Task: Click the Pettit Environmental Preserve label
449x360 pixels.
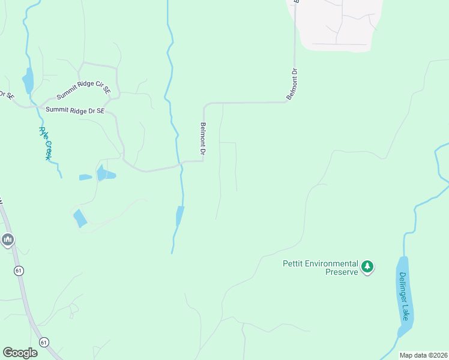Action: pyautogui.click(x=320, y=268)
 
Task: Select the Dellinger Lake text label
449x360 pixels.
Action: pyautogui.click(x=405, y=295)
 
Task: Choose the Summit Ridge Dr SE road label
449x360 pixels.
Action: pyautogui.click(x=75, y=110)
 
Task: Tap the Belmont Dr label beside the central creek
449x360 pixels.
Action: pyautogui.click(x=203, y=140)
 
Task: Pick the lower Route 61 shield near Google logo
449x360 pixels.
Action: pyautogui.click(x=44, y=341)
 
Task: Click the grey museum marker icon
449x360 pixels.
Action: pyautogui.click(x=7, y=241)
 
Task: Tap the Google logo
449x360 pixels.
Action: pyautogui.click(x=20, y=353)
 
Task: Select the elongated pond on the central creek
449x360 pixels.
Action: pyautogui.click(x=179, y=215)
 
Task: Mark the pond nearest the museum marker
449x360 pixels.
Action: pyautogui.click(x=80, y=218)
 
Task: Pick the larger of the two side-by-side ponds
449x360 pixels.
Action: pyautogui.click(x=105, y=174)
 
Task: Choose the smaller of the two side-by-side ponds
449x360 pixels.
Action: pyautogui.click(x=85, y=177)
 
